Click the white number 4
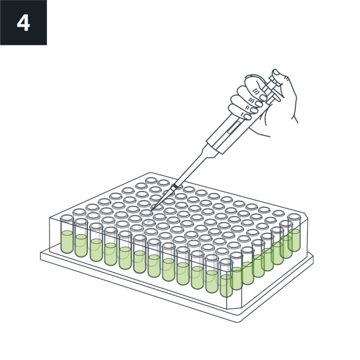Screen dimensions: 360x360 pos(23,23)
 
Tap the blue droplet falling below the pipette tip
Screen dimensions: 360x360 pos(148,221)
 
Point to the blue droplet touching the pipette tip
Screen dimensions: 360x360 pos(150,213)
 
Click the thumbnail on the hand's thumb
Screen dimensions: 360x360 pos(276,73)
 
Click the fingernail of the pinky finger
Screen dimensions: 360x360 pos(247,117)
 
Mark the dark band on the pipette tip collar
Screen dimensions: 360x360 pos(175,186)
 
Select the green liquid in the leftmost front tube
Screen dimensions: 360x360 pos(67,242)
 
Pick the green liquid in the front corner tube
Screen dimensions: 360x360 pos(226,285)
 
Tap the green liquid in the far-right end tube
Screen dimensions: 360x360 pos(294,240)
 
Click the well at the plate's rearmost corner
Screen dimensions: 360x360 pos(151,180)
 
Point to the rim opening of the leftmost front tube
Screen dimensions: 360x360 pos(67,218)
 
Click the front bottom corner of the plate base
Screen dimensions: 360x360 pos(238,322)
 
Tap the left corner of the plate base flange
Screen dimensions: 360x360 pos(41,256)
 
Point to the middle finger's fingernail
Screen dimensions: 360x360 pos(259,104)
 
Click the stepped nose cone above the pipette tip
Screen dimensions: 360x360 pos(210,151)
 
